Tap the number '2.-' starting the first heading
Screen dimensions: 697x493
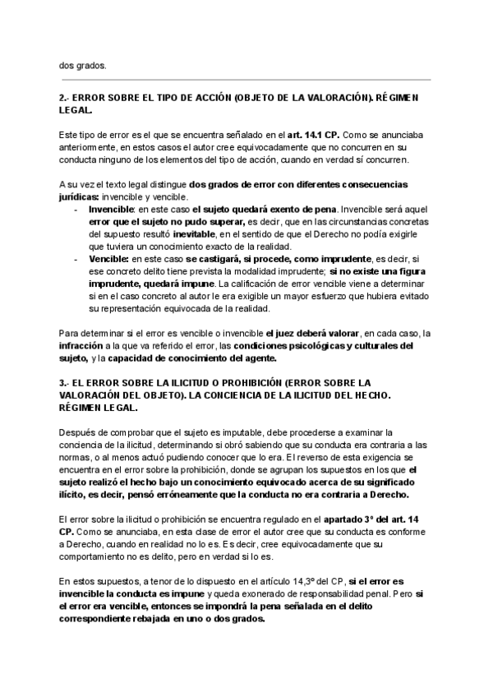[x=66, y=98]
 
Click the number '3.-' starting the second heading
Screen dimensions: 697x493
[x=66, y=382]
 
